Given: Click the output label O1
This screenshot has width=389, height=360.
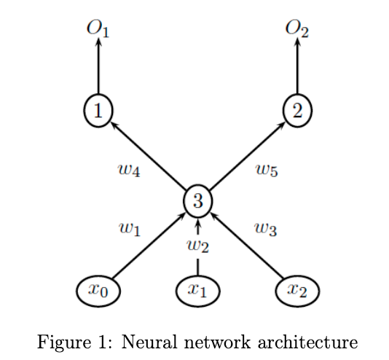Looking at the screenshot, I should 98,28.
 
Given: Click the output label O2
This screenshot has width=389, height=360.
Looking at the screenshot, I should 297,28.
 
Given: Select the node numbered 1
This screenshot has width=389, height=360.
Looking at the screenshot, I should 98,110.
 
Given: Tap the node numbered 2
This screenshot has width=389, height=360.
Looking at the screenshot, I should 297,110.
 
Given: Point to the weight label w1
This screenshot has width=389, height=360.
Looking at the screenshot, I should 129,228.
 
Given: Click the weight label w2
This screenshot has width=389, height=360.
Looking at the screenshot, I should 197,246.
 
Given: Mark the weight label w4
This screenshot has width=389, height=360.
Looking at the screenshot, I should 129,171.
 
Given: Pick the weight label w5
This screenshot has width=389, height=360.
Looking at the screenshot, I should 266,171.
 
